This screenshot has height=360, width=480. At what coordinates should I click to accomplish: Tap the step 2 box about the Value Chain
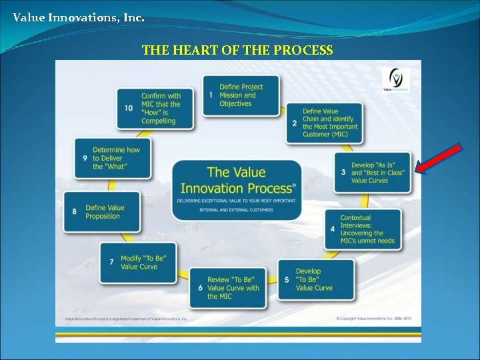(325, 123)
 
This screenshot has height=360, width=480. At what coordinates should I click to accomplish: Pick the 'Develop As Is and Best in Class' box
(373, 173)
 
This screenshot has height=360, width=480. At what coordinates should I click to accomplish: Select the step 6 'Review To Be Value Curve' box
(227, 288)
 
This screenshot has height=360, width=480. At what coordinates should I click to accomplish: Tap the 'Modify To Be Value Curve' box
(139, 262)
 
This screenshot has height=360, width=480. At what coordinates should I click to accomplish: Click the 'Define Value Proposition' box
(102, 212)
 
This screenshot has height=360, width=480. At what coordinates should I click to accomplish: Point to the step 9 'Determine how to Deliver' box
(112, 159)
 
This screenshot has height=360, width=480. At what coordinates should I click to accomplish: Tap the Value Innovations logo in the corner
(396, 79)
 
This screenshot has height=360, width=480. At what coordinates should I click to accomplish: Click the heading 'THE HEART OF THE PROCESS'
(237, 51)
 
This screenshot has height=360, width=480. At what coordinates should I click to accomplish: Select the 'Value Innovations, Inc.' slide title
(78, 17)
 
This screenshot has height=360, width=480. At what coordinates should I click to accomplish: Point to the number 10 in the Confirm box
(128, 108)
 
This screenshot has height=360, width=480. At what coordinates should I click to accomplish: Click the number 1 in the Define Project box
(211, 95)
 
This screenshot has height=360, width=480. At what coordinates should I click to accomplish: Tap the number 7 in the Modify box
(111, 262)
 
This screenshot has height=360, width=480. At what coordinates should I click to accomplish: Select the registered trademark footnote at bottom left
(127, 319)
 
